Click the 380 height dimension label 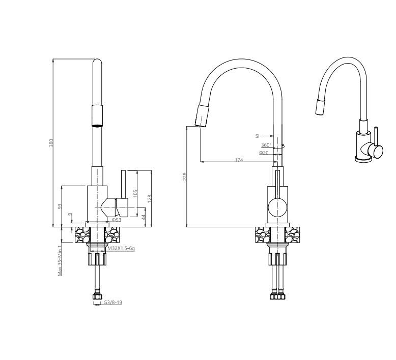point(51,143)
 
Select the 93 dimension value point(60,206)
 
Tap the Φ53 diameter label point(117,220)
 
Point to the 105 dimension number point(135,193)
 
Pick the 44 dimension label point(144,217)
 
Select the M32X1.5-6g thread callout point(121,248)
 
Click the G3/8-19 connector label point(112,302)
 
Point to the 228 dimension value point(185,176)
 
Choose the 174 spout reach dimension point(239,160)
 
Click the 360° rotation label point(266,145)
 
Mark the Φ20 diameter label point(264,153)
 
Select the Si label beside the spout point(258,136)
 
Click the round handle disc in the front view point(277,207)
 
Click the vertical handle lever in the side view point(123,185)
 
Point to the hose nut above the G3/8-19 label point(96,295)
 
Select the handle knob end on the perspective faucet point(377,153)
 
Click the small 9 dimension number point(70,215)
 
